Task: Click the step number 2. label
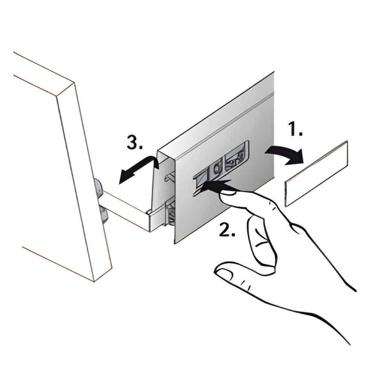(227, 230)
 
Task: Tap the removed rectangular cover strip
(316, 173)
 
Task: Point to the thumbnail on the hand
(223, 273)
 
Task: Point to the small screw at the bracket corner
(149, 211)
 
